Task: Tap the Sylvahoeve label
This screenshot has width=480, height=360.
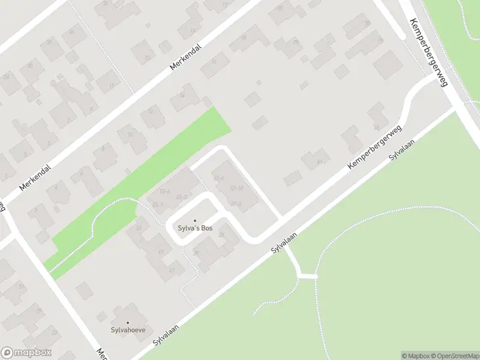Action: pos(127,330)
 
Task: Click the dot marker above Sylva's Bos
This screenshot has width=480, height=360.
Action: pos(194,221)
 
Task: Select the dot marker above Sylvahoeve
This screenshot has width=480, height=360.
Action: pos(127,322)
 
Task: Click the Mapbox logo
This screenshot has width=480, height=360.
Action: pos(26,353)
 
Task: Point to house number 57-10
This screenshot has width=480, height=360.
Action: pos(236,188)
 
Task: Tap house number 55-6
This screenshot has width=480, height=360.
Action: pos(164,192)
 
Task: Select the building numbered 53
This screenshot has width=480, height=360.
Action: pos(139,227)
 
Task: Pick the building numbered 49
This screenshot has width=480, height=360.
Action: pos(160,252)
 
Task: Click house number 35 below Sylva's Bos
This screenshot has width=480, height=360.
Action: pos(221,235)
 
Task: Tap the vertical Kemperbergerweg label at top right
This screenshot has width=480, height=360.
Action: pos(428,53)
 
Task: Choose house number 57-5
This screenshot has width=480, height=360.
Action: pos(236,203)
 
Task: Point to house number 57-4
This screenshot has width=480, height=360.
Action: pos(218,179)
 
